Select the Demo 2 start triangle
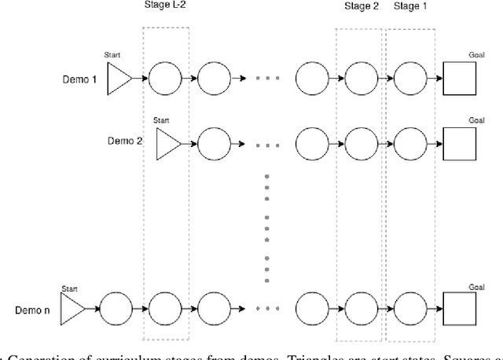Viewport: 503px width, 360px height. [167, 144]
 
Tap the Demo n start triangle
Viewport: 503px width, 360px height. [72, 305]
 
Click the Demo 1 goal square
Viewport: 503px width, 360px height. [459, 79]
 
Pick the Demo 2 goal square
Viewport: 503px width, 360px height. [459, 144]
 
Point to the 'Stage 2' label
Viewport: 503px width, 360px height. [361, 6]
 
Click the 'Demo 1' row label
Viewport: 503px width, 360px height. [79, 79]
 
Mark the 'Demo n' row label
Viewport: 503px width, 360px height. [32, 310]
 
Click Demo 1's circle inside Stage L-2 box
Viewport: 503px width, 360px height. [166, 79]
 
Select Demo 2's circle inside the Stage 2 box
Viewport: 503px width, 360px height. [361, 144]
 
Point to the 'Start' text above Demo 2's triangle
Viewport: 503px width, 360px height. [161, 120]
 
